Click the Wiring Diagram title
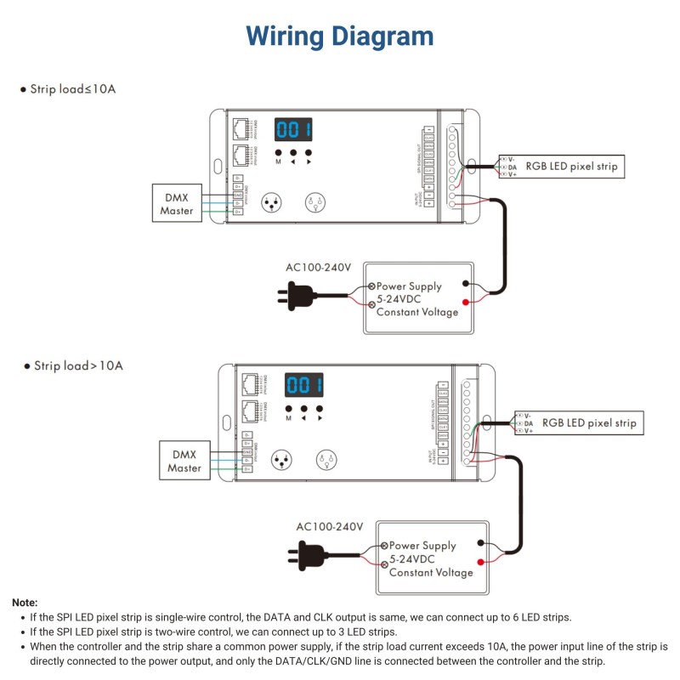(340, 37)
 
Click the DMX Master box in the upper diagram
(177, 203)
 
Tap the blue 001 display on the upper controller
(293, 130)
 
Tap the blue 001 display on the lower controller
(304, 386)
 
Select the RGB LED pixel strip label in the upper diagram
(570, 167)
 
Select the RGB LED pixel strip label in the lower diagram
(588, 422)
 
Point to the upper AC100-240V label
(319, 268)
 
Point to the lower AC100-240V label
(330, 527)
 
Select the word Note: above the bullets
(25, 602)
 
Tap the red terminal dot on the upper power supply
(465, 302)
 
